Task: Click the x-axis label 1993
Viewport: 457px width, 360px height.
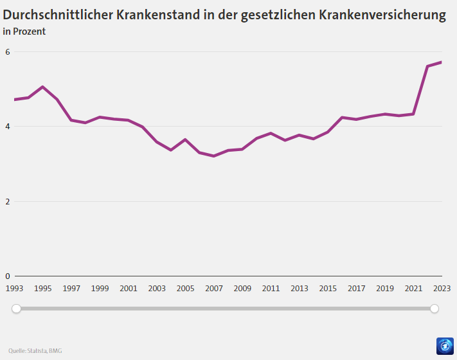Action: tap(14, 289)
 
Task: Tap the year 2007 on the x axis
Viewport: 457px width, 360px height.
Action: tap(214, 289)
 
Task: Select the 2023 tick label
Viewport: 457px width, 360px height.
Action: tap(442, 289)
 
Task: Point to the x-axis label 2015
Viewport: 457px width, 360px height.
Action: tap(328, 289)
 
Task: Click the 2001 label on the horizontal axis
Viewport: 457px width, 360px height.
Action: tap(129, 289)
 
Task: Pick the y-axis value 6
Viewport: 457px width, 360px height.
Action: tap(8, 52)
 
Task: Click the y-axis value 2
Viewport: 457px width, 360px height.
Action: tap(8, 201)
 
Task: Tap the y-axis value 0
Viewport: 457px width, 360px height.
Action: tap(8, 276)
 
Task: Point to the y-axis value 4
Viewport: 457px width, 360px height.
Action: tap(8, 127)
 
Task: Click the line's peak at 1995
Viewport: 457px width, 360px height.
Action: tap(42, 87)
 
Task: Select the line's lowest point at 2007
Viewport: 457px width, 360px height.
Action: tap(213, 156)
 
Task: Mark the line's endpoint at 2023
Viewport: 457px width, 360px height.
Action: tap(441, 62)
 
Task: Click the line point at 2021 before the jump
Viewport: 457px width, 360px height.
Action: tap(413, 114)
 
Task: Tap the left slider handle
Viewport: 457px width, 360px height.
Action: tap(17, 309)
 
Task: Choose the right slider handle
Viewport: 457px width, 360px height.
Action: tap(435, 309)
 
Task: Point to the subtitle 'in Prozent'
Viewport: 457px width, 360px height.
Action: tap(24, 31)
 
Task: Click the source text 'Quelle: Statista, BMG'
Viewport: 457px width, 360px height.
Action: tap(35, 350)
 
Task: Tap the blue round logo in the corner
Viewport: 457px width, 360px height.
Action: tap(445, 346)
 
